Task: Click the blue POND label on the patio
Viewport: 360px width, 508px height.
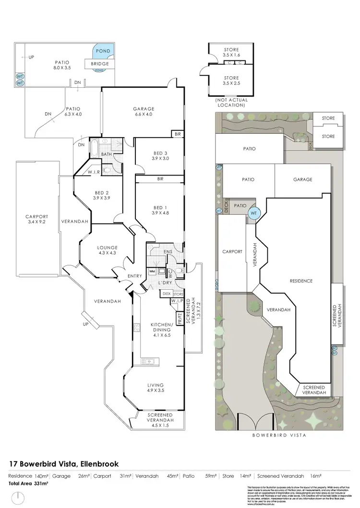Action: (103, 51)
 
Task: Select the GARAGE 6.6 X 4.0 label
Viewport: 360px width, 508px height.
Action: (143, 111)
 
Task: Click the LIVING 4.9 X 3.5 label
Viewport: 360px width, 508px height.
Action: (156, 388)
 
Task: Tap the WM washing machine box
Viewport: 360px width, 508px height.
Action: (153, 272)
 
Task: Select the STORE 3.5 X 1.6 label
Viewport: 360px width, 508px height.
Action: (231, 52)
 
